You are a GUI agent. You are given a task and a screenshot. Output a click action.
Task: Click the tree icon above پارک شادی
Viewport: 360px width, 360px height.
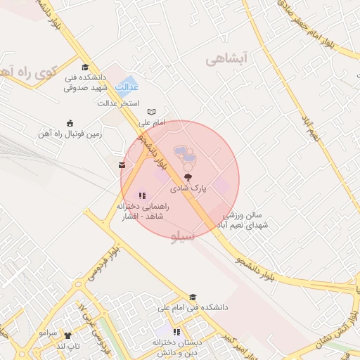(188, 177)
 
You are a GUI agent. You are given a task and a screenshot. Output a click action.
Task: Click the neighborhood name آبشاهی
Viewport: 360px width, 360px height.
(228, 60)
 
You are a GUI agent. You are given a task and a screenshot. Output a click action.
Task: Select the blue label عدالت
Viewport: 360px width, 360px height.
(127, 86)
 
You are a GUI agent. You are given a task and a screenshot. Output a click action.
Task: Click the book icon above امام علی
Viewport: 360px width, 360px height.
(151, 112)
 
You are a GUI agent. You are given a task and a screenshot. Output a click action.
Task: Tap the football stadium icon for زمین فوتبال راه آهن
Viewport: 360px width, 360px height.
(69, 123)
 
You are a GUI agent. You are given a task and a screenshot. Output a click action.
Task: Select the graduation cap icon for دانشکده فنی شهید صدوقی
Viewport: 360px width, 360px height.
(85, 67)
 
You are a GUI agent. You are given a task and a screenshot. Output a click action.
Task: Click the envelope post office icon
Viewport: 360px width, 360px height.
(123, 165)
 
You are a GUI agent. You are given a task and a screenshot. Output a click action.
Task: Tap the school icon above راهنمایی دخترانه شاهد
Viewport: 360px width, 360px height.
(142, 195)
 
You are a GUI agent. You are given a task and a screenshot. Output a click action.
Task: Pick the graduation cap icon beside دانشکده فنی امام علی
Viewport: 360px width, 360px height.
(193, 297)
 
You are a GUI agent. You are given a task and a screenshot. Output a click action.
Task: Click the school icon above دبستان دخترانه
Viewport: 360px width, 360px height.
(176, 331)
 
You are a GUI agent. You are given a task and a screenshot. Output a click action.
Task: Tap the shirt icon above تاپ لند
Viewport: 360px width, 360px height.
(68, 335)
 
